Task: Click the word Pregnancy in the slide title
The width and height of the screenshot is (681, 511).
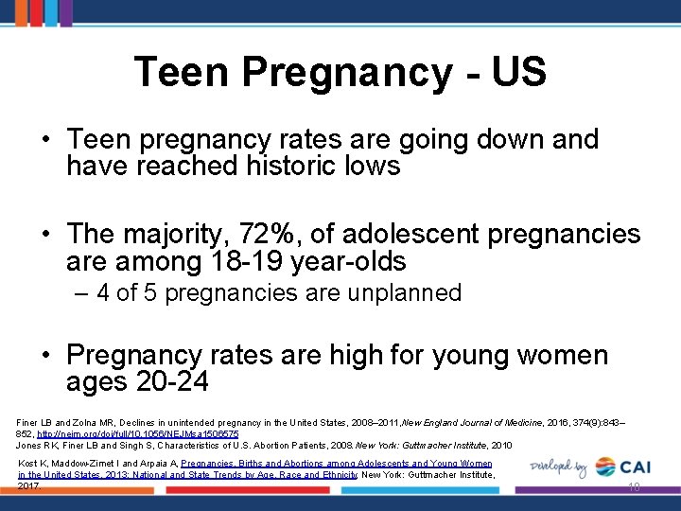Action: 349,73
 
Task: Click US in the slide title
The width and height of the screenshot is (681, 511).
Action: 519,73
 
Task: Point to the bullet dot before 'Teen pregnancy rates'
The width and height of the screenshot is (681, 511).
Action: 45,140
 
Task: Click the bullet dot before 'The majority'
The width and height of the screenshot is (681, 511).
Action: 45,235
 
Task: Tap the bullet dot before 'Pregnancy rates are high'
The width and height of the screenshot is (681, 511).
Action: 45,357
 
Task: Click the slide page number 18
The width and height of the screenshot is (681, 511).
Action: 634,486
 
